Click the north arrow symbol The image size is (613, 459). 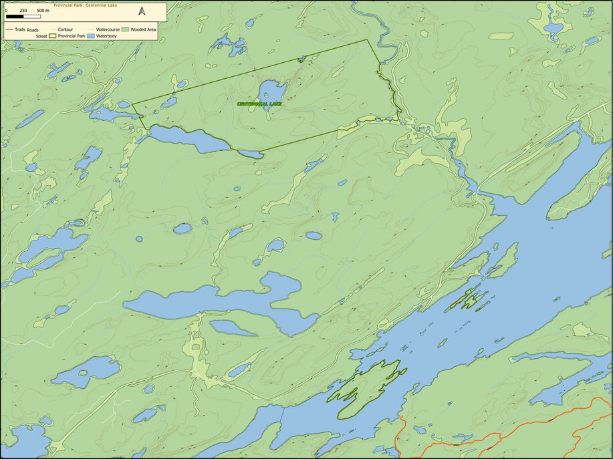tap(142, 11)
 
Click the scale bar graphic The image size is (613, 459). tap(25, 17)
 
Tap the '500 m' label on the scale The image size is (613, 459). tap(42, 11)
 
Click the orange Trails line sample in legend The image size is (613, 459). tap(9, 30)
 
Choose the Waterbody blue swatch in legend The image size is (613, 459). tap(91, 36)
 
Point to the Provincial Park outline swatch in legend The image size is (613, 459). tap(53, 36)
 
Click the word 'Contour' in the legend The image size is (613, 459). tap(66, 30)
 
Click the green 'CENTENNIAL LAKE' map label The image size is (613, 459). tap(259, 104)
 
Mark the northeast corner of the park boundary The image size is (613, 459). tap(367, 40)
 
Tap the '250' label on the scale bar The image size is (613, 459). tap(23, 11)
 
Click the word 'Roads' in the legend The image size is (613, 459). tap(33, 30)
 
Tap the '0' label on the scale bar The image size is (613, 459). tap(6, 11)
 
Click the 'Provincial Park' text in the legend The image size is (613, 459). tap(72, 36)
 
